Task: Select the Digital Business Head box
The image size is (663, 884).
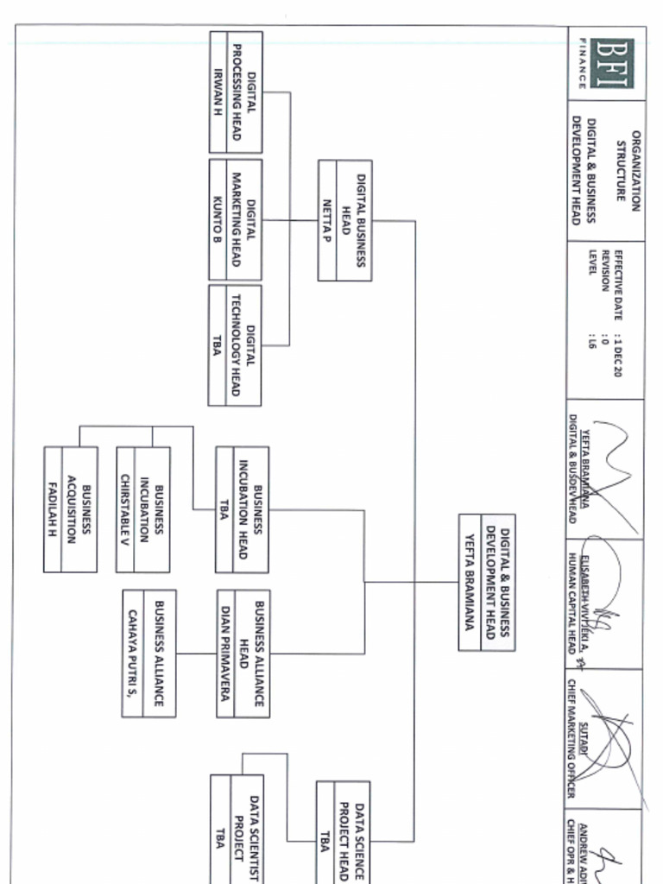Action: coord(344,220)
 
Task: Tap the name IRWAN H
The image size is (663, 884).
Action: coord(218,92)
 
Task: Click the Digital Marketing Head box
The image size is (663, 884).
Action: coord(236,220)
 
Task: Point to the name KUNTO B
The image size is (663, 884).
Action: coord(218,220)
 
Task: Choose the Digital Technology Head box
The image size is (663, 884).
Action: coord(235,345)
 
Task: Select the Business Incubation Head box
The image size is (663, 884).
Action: coord(243,509)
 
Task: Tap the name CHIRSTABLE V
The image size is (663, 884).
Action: coord(125,509)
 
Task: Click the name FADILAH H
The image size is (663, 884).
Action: coord(53,509)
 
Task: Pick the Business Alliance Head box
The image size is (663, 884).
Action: coord(243,654)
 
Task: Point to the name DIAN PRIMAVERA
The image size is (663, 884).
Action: coord(224,654)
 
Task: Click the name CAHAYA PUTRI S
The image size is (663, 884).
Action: coord(132,654)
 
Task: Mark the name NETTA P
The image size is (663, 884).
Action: coord(327,220)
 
